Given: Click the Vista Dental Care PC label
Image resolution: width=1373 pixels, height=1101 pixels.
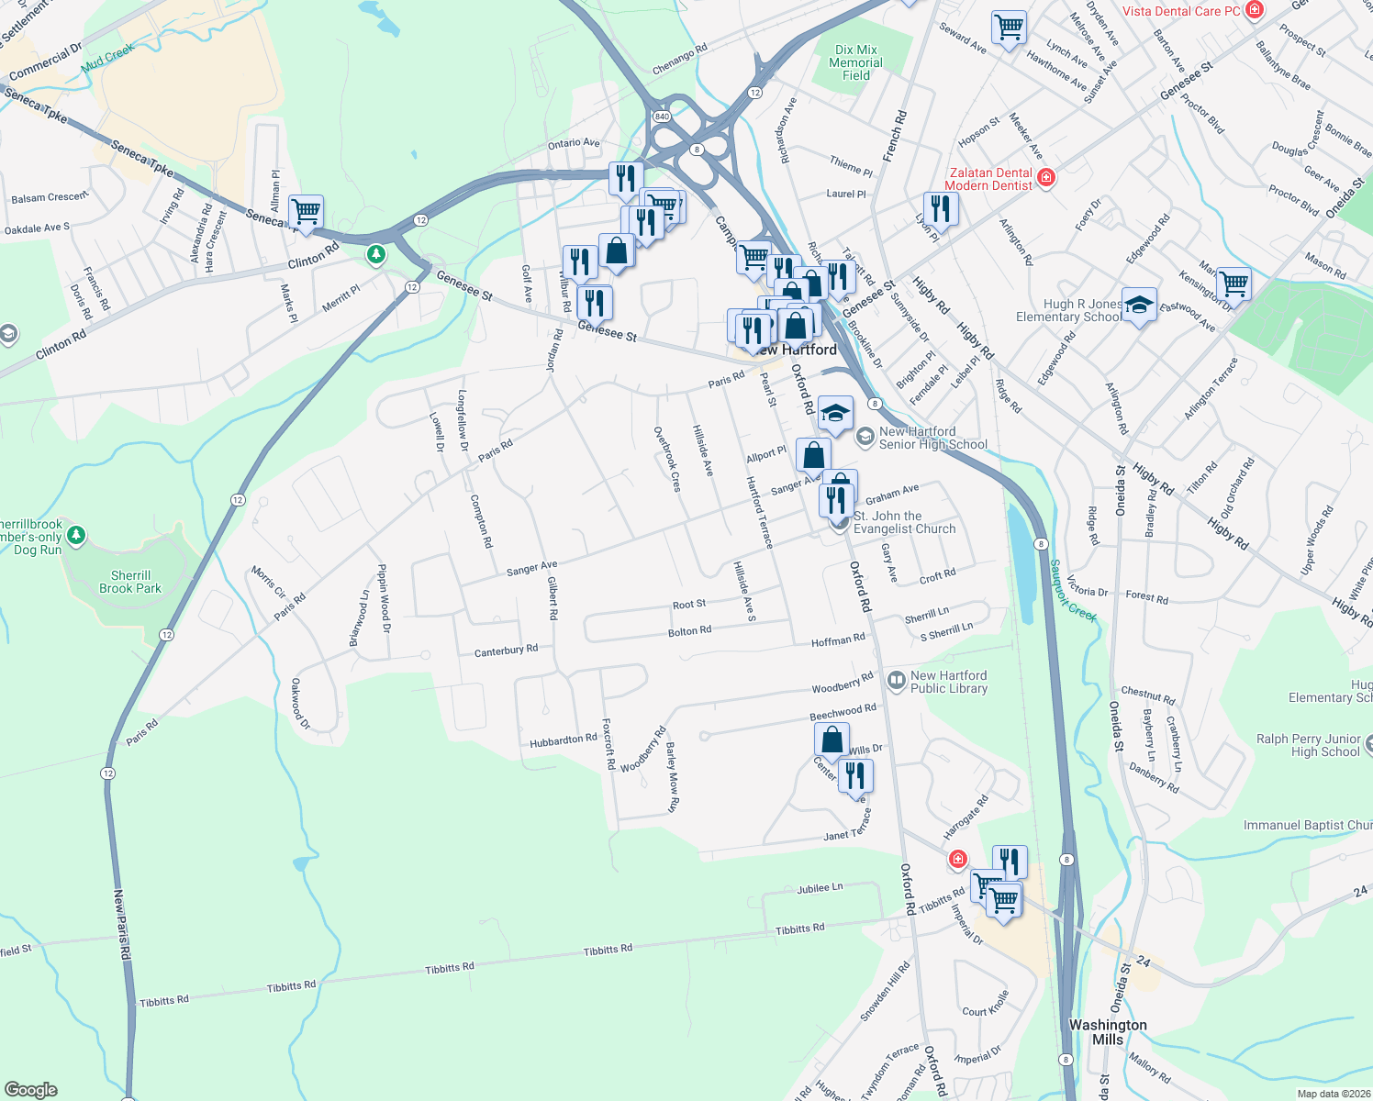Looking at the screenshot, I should (1181, 11).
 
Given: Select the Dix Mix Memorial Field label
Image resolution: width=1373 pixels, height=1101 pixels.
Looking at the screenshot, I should (855, 62).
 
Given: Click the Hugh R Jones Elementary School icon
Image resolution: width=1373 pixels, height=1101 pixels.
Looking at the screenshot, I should (1139, 305).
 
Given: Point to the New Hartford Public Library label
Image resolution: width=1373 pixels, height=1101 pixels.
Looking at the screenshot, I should (949, 682).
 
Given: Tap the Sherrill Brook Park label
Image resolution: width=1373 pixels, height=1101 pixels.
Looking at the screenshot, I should (129, 582).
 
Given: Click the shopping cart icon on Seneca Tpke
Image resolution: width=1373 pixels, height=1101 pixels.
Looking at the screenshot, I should (306, 212).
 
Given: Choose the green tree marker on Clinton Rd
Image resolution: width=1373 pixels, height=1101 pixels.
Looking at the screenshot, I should (375, 253).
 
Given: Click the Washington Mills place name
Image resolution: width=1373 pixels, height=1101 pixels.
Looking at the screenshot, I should (1107, 1031).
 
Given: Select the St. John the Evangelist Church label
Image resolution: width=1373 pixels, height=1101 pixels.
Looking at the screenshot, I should (904, 522).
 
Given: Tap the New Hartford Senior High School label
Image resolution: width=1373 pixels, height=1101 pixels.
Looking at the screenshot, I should (932, 438).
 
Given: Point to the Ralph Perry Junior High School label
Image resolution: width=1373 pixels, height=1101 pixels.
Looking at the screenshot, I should (1308, 745).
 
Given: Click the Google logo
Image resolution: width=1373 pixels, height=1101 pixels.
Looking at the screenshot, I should (31, 1090).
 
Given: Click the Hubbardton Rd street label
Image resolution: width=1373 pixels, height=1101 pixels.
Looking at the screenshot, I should (563, 740).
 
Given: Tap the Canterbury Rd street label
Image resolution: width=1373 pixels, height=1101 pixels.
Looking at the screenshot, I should (506, 651).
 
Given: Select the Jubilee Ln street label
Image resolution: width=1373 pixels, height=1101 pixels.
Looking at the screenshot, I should (820, 888).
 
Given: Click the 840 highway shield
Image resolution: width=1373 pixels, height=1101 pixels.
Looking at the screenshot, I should (662, 117).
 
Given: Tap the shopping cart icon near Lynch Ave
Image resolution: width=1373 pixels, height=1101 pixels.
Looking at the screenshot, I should (1009, 28).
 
